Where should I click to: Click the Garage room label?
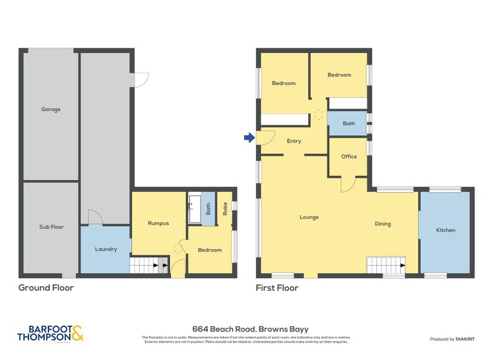tap(51, 110)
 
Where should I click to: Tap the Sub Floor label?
tap(52, 227)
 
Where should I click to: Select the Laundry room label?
tap(105, 249)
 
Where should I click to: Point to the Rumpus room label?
tap(158, 223)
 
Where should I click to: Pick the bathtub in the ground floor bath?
tap(195, 209)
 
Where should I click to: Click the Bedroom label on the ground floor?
tap(210, 250)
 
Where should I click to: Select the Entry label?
tap(294, 141)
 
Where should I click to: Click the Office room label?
tap(349, 157)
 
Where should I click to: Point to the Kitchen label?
tap(446, 230)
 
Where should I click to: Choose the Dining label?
tap(383, 224)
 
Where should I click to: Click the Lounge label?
tap(309, 217)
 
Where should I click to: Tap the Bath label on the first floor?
tap(349, 123)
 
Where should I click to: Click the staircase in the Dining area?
tap(385, 265)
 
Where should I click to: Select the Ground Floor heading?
tap(46, 288)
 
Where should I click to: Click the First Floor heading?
tap(277, 288)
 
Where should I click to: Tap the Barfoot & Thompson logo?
tap(51, 333)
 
